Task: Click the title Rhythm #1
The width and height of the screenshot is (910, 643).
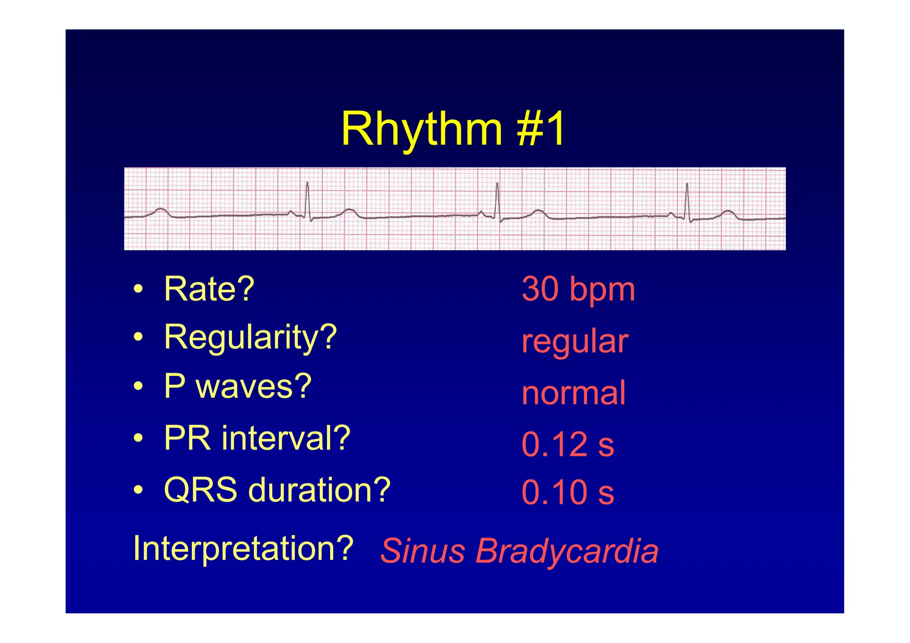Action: pos(453,129)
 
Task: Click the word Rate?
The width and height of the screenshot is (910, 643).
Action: pos(209,289)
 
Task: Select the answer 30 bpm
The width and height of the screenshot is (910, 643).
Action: pos(578,289)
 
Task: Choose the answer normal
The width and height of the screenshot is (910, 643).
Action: pos(573,393)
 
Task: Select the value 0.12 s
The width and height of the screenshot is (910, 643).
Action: pos(567,444)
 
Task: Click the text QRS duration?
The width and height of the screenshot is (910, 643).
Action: pos(277,490)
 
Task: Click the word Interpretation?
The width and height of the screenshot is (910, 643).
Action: pos(243,548)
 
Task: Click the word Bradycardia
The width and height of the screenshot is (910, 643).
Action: pos(567,551)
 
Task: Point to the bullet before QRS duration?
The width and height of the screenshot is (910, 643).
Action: pos(139,490)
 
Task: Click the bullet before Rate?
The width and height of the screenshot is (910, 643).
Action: pos(139,289)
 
